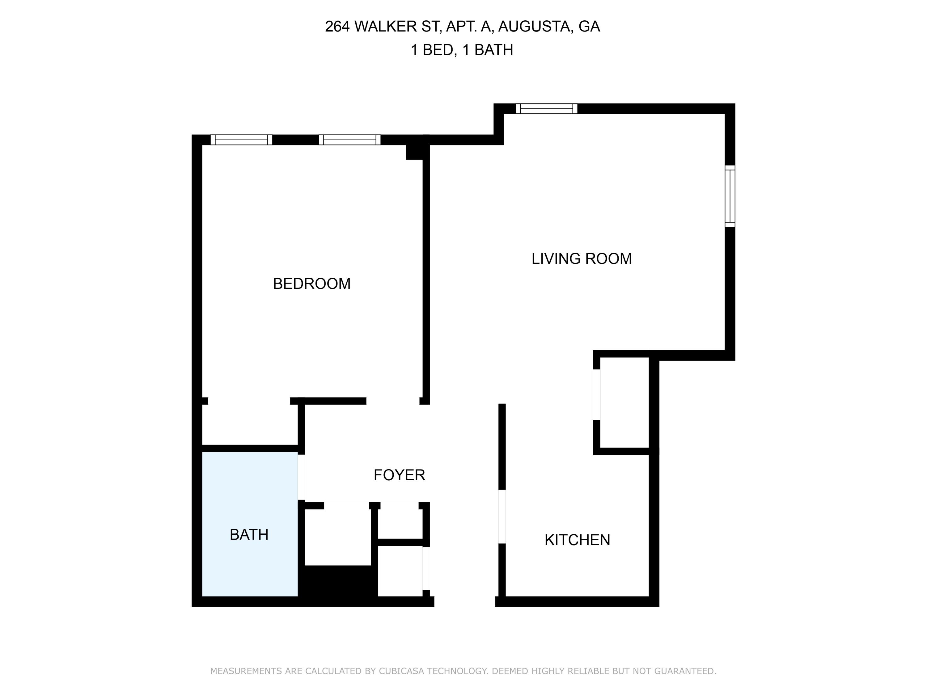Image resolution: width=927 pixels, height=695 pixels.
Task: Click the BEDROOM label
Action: click(311, 284)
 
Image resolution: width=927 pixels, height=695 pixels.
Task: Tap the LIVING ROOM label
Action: click(581, 259)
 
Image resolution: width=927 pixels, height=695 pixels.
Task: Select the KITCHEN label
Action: click(577, 540)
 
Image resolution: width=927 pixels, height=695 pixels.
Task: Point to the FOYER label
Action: click(399, 475)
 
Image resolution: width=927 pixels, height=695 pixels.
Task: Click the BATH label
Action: click(249, 535)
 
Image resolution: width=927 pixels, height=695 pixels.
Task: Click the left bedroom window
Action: click(241, 140)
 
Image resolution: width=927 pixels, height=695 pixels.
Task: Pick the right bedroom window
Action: click(349, 140)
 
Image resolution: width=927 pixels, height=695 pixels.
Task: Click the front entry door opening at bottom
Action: click(464, 602)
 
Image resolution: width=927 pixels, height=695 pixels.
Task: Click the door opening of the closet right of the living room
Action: click(596, 394)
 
